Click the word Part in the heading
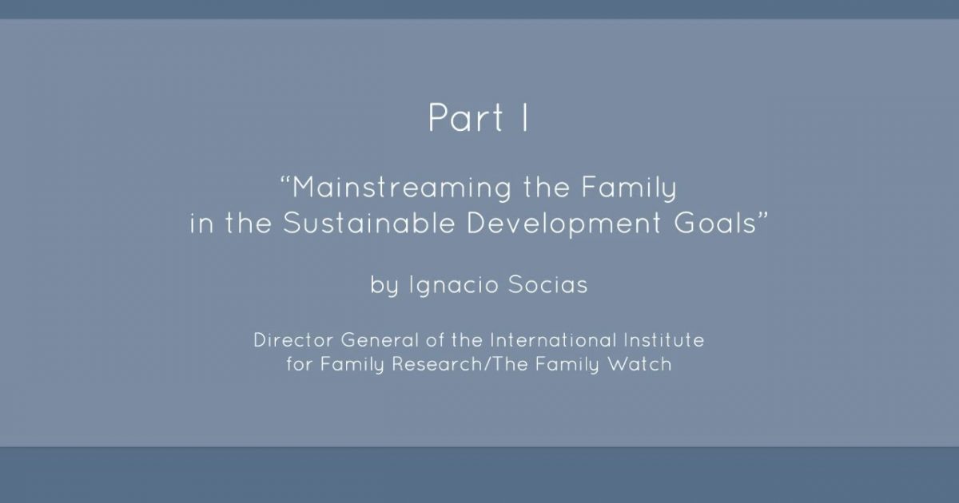coord(465,117)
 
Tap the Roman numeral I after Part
coord(525,117)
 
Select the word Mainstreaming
coord(402,188)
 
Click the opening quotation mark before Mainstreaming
coord(285,180)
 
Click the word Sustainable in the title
coord(368,223)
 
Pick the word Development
coord(563,224)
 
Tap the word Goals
coord(715,223)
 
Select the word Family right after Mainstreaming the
coord(629,188)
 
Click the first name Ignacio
coord(454,285)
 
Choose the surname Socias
coord(548,285)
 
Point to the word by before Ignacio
coord(384,285)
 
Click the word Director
coord(293,340)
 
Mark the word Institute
coord(664,340)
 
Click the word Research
coord(438,364)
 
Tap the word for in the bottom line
coord(300,364)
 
